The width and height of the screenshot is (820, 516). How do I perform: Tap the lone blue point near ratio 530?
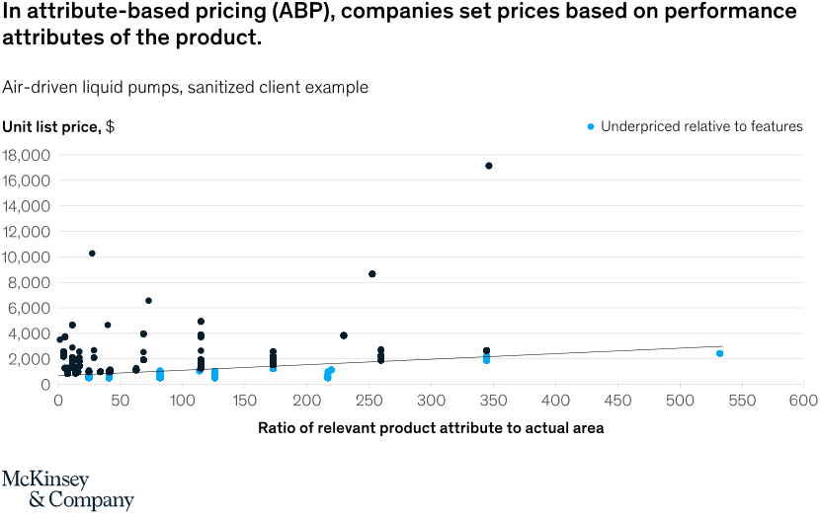(720, 353)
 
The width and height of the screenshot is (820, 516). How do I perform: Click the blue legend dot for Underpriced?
(591, 126)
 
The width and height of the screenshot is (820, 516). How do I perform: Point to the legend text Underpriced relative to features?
(701, 126)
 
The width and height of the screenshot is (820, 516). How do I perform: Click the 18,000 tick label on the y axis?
(28, 155)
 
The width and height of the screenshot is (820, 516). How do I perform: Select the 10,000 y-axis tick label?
(28, 258)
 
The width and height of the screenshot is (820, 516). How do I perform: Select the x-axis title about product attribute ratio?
(431, 428)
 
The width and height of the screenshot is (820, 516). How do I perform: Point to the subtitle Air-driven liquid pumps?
(185, 87)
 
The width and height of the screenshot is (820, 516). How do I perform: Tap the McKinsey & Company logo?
(67, 489)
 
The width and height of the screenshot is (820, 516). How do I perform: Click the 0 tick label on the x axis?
(58, 402)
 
